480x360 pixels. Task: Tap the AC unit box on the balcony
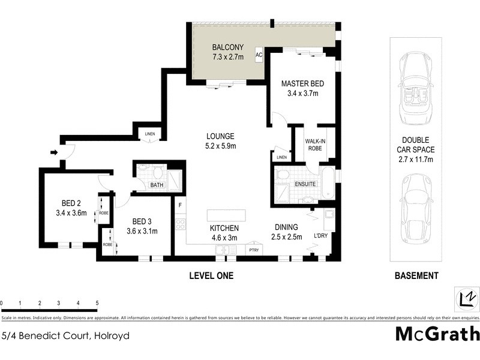pos(259,55)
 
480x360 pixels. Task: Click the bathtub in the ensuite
pos(327,183)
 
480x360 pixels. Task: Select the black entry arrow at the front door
pos(54,152)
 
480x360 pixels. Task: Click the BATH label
pos(157,185)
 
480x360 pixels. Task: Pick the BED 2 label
pos(71,202)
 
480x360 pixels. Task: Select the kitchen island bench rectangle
pos(226,215)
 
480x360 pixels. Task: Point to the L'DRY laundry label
pos(321,235)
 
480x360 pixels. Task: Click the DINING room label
pos(286,228)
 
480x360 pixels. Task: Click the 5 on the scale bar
pos(97,304)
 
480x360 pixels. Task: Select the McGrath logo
pos(437,333)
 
